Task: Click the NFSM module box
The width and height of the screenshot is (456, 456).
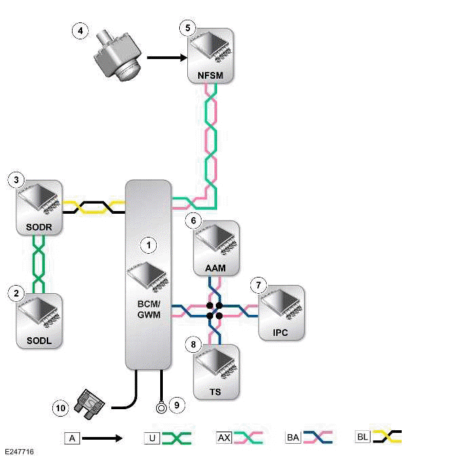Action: [211, 56]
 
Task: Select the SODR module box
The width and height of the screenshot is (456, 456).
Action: [39, 208]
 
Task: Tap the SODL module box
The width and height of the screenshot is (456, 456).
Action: [39, 320]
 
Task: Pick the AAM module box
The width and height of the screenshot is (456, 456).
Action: [215, 248]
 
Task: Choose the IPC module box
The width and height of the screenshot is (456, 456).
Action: [281, 312]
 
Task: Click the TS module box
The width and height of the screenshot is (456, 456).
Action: [215, 371]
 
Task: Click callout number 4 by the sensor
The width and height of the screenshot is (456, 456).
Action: [81, 30]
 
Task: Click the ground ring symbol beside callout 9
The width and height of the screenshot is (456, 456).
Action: [161, 408]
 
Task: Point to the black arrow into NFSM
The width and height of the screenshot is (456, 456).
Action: [167, 58]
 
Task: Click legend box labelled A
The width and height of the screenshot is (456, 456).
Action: [71, 438]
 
